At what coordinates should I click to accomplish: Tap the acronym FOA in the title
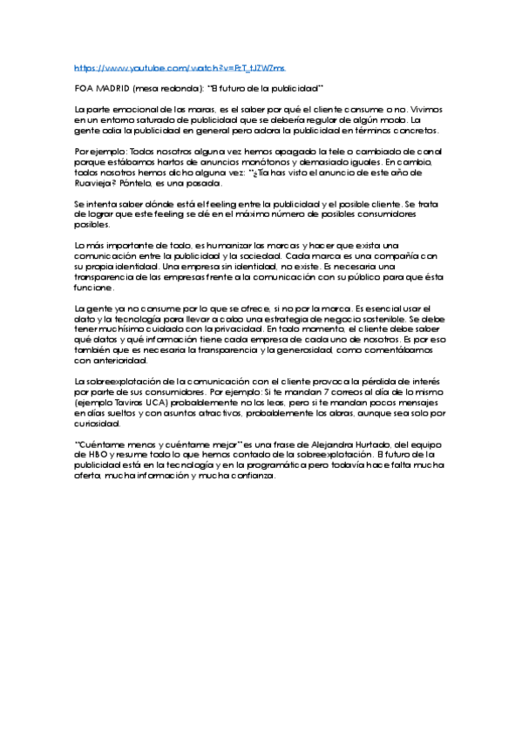tap(84, 88)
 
